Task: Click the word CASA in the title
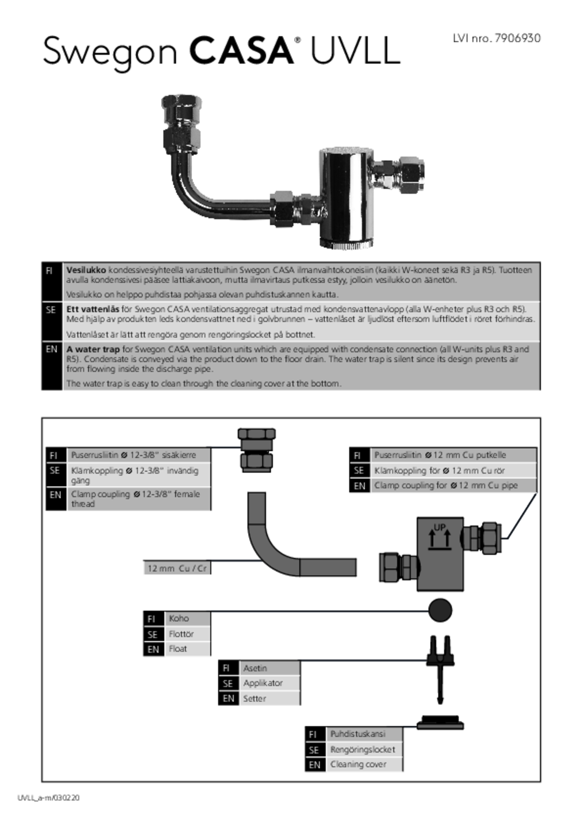click(241, 51)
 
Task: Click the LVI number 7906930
click(517, 38)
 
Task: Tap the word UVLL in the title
click(355, 51)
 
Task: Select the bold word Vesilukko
click(86, 270)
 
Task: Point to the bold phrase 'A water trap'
click(93, 349)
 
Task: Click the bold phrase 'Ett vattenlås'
click(92, 309)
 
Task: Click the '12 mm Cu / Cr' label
click(177, 568)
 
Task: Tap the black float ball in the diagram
click(440, 610)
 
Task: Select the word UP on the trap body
click(439, 527)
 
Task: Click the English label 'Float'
click(178, 649)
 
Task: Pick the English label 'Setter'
click(255, 698)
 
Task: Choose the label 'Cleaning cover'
click(358, 764)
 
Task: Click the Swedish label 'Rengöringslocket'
click(362, 749)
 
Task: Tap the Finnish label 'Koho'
click(179, 618)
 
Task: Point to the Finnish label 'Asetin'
click(255, 668)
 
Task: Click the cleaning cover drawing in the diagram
click(440, 722)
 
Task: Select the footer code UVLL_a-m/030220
click(48, 798)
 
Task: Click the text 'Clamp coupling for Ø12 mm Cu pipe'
click(446, 486)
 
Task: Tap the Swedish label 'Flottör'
click(181, 634)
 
